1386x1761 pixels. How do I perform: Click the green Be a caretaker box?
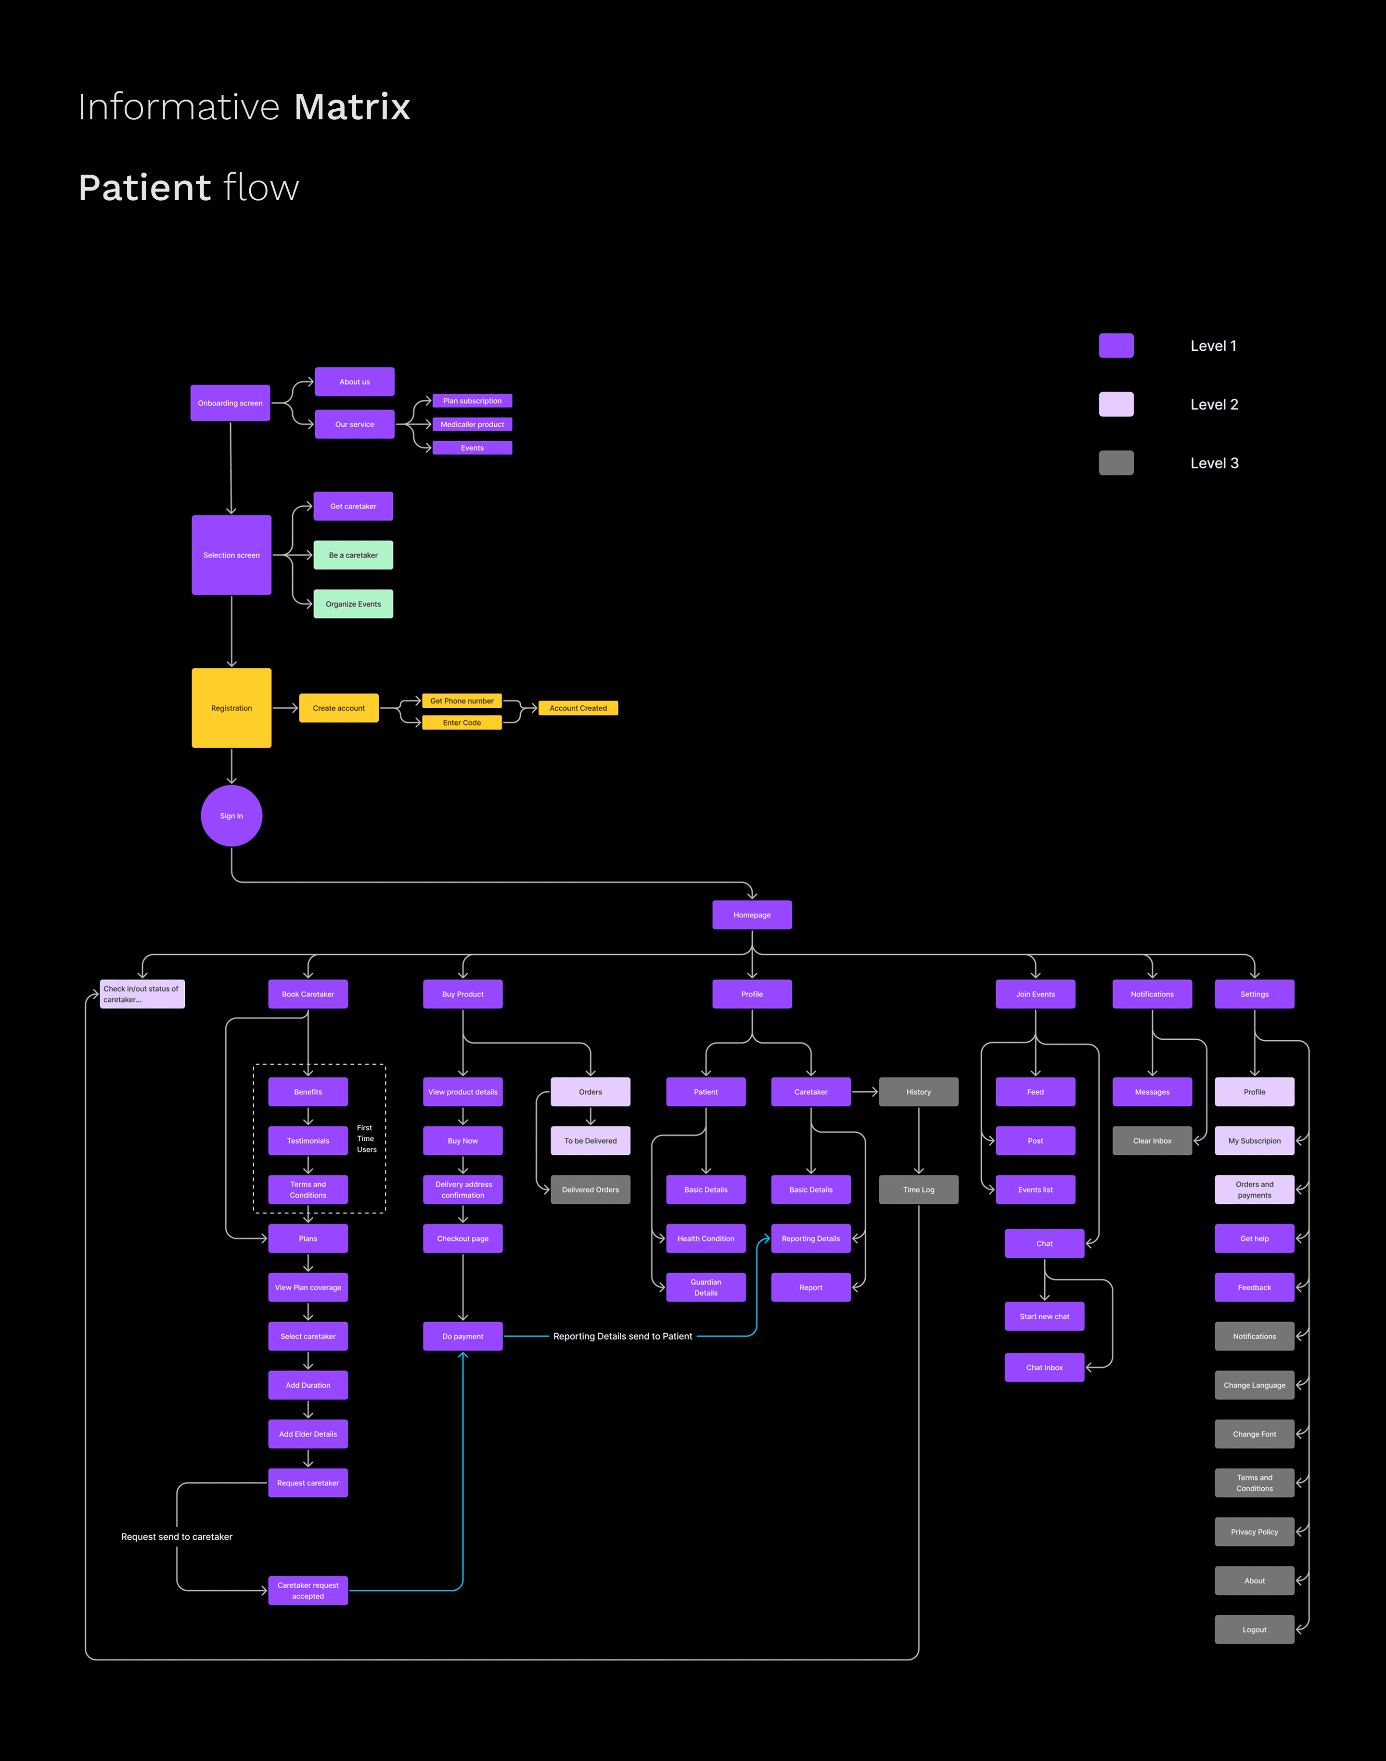353,555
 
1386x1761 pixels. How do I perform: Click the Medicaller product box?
472,424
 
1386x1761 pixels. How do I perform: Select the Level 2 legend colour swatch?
1116,404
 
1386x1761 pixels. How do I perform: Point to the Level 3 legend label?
1214,463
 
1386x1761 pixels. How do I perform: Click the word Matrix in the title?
352,107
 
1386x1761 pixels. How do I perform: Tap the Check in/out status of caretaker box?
142,994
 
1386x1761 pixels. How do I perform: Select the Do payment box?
462,1336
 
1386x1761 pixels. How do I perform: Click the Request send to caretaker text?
177,1536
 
